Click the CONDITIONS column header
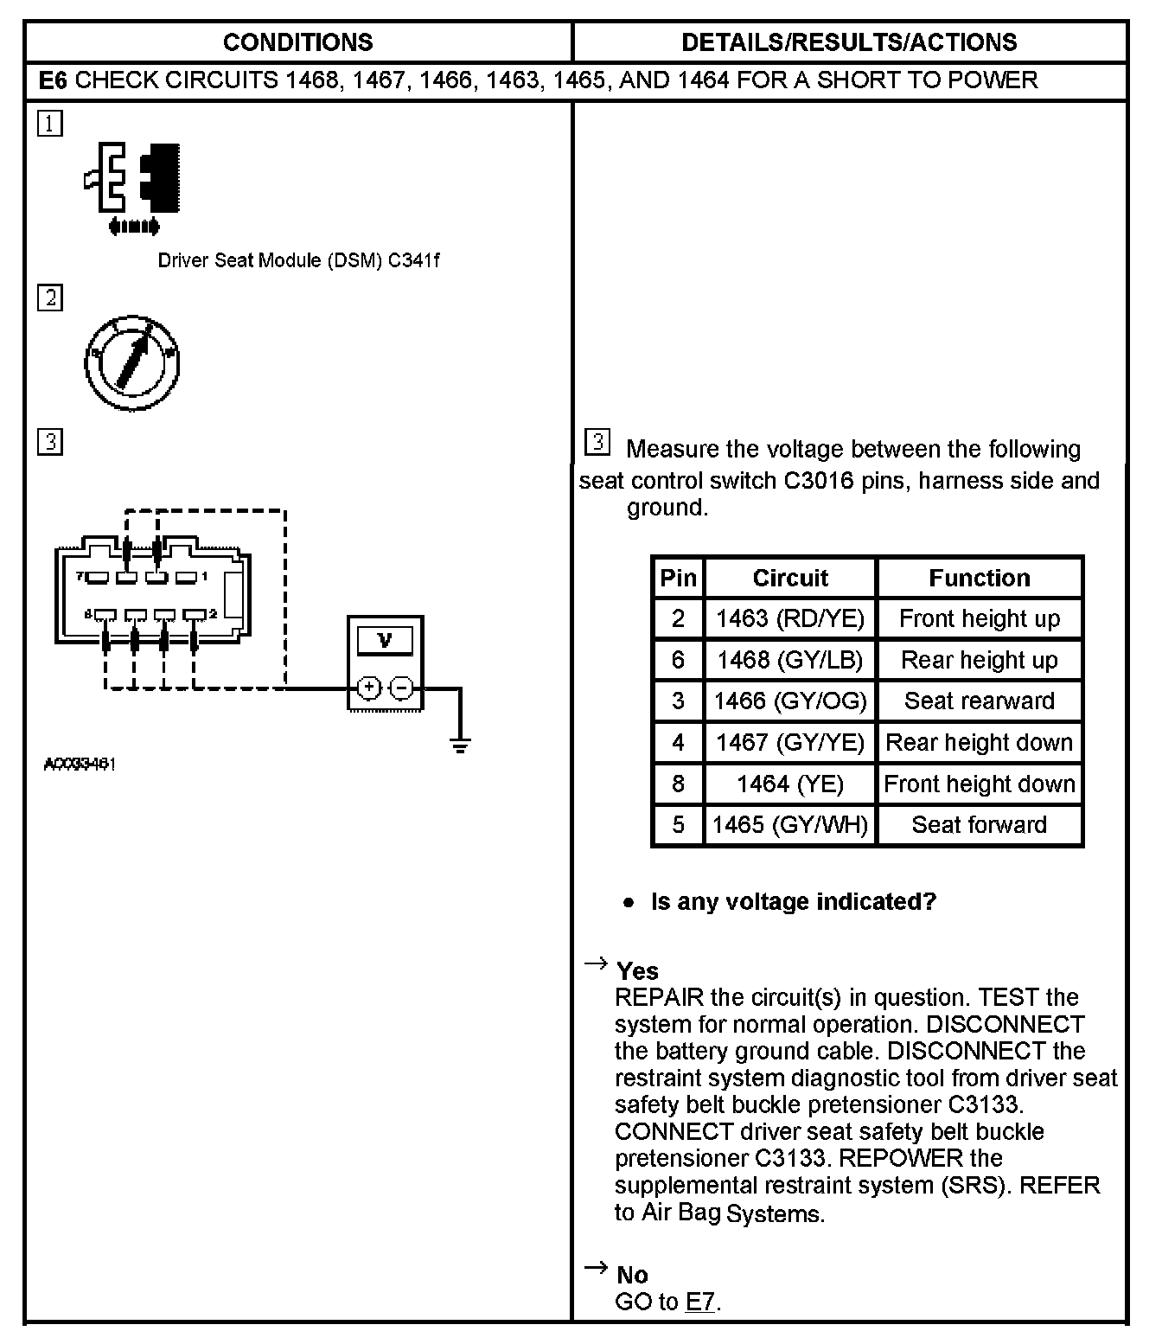tap(297, 42)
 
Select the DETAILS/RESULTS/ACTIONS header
tap(849, 42)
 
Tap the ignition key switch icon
tap(132, 362)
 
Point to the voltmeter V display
tap(385, 641)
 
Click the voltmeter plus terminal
tap(368, 688)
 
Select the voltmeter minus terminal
tap(401, 688)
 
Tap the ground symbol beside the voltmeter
tap(460, 743)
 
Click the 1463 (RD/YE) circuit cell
tap(790, 618)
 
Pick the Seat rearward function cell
tap(979, 701)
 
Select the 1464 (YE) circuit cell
tap(790, 784)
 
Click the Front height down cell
tap(979, 784)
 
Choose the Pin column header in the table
tap(678, 578)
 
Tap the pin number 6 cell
tap(678, 660)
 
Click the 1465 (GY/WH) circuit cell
tap(790, 824)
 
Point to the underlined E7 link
tap(700, 1302)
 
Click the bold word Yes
tap(637, 970)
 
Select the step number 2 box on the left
tap(50, 298)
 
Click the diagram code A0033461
tap(80, 765)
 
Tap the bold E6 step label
tap(53, 80)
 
